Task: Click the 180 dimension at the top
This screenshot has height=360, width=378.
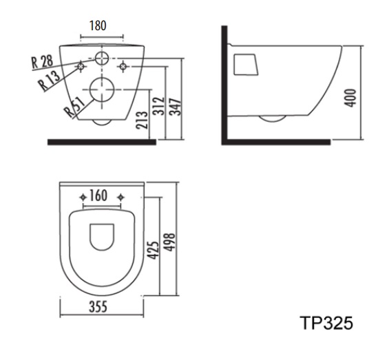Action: (98, 25)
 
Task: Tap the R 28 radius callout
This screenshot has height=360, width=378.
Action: (42, 62)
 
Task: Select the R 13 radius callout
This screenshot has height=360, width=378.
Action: (49, 81)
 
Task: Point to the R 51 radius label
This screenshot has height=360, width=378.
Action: (75, 107)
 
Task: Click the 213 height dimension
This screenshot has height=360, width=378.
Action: (142, 120)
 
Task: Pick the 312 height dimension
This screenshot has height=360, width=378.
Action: (159, 106)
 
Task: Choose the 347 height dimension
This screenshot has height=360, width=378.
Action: (175, 107)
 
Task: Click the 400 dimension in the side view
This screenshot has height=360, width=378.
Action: (350, 98)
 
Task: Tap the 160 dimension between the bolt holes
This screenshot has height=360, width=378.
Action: (98, 195)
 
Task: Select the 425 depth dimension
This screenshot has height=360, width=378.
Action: (154, 250)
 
